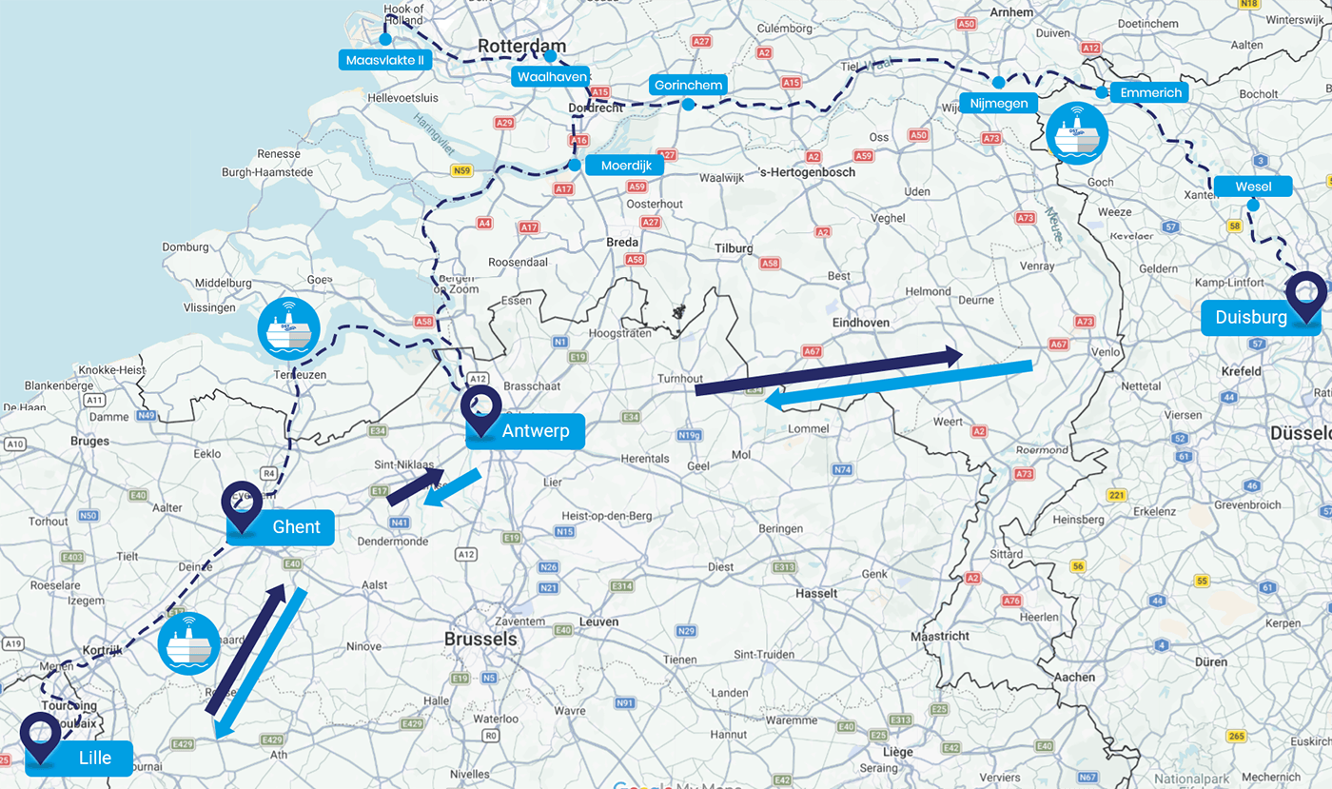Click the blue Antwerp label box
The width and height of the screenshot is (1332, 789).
tap(524, 431)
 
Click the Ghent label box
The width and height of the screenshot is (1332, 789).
tap(282, 527)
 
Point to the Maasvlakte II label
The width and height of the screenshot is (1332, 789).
tap(385, 60)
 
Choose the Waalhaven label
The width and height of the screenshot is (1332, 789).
tap(552, 76)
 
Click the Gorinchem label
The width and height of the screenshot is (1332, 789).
tap(688, 85)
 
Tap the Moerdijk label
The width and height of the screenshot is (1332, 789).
tap(624, 166)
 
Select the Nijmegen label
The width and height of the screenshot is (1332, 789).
tap(998, 103)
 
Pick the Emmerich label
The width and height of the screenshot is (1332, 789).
tap(1149, 92)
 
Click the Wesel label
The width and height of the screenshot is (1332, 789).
tap(1252, 187)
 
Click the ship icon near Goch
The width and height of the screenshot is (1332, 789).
tap(1076, 132)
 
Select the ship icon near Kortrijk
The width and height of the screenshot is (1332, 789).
tap(188, 643)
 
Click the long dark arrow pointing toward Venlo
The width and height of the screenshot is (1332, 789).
tap(828, 372)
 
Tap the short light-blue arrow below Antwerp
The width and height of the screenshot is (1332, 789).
tap(452, 488)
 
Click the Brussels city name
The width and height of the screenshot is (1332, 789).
tap(480, 640)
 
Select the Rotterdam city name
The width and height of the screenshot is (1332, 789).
tap(521, 47)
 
